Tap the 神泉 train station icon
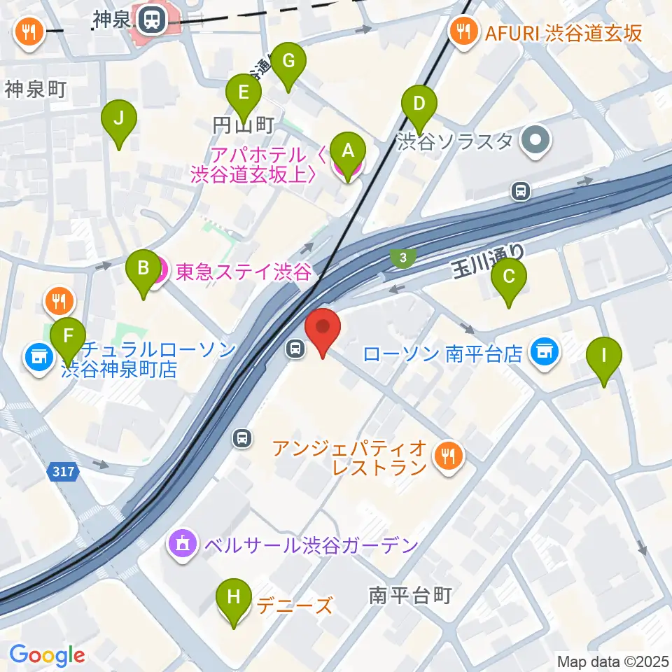(x=150, y=21)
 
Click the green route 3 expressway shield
(x=402, y=258)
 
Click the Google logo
(x=47, y=655)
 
